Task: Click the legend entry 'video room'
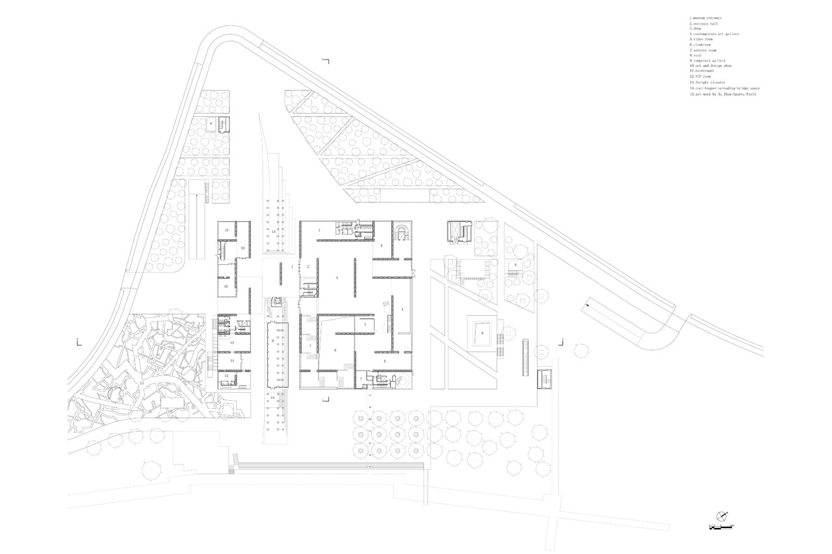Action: click(703, 39)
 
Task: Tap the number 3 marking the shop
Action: click(319, 231)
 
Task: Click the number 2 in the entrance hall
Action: click(308, 267)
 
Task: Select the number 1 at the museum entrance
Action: click(283, 266)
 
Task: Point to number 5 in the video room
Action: click(365, 325)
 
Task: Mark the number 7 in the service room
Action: click(360, 378)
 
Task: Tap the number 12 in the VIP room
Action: click(226, 375)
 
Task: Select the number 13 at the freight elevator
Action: click(456, 240)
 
